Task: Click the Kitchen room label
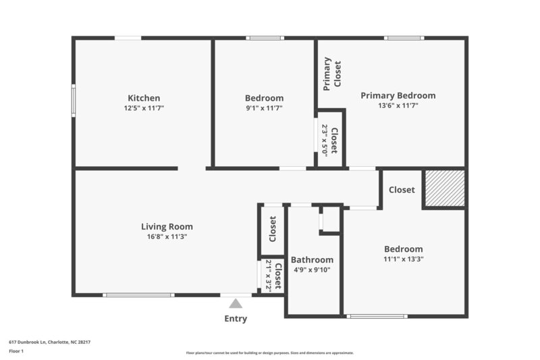coord(144,98)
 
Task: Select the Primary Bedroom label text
coord(398,95)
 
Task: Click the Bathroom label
coord(312,260)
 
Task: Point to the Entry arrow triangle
coord(236,305)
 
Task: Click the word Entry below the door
coord(236,319)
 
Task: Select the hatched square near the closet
coord(444,188)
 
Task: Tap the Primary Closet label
coord(332,74)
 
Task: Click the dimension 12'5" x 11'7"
coord(144,108)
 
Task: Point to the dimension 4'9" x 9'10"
coord(312,270)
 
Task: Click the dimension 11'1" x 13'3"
coord(404,259)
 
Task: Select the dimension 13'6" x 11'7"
coord(398,105)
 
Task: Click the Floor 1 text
coord(16,351)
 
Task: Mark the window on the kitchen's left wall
coord(74,100)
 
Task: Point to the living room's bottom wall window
coord(138,295)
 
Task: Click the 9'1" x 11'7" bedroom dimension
coord(264,108)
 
